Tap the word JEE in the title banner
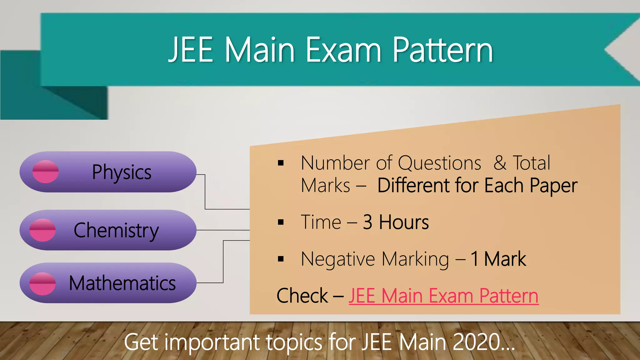point(191,50)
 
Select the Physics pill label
point(122,172)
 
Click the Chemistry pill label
point(116,231)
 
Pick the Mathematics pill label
point(122,283)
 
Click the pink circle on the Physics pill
point(46,172)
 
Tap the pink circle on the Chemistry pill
point(42,230)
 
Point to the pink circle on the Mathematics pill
point(42,283)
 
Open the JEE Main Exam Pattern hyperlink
point(443,296)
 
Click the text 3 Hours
point(396,222)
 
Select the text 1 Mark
point(498,259)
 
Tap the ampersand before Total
point(500,163)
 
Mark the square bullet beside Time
point(281,222)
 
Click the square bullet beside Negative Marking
point(281,259)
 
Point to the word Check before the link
point(302,296)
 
